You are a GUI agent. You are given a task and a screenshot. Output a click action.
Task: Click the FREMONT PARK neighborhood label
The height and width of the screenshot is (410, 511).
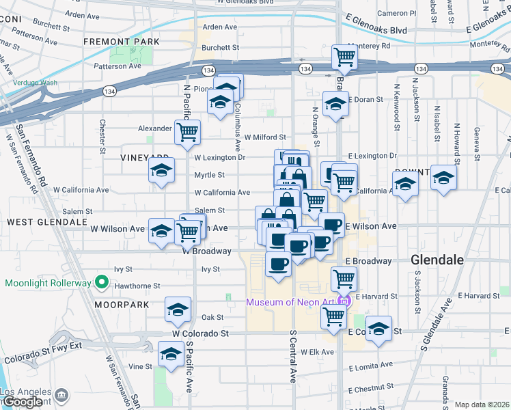122,42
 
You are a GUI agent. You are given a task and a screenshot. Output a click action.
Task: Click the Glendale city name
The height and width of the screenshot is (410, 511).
438,260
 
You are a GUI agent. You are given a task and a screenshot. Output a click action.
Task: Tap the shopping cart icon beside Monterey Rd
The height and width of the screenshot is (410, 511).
344,57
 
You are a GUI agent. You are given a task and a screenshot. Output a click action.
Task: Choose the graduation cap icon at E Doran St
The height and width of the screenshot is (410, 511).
335,105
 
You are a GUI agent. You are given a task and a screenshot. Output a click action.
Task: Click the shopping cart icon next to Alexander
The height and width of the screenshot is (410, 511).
187,133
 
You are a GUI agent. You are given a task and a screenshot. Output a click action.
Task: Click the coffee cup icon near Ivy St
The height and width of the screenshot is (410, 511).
277,263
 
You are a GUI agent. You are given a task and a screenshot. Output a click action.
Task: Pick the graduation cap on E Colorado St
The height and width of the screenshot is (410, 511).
378,329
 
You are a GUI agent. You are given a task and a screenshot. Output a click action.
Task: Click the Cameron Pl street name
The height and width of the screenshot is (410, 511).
396,13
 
